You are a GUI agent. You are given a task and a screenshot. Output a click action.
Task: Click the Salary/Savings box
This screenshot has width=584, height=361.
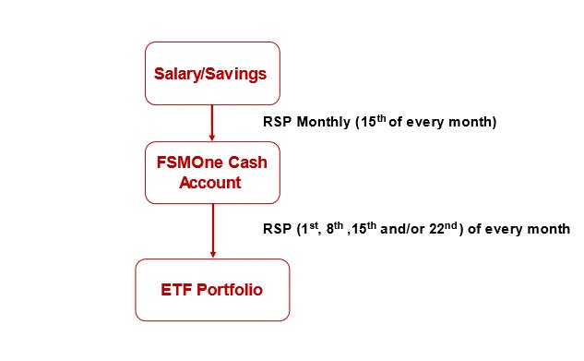coord(212,73)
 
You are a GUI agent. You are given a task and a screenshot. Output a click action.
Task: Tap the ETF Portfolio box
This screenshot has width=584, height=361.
coord(212,290)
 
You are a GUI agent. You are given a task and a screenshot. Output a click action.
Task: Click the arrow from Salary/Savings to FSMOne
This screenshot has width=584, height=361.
coord(212,123)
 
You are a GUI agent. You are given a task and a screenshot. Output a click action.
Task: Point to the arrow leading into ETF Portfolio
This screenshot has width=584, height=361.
coord(212,231)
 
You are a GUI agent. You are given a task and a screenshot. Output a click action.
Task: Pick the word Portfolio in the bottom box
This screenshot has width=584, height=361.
coord(229,290)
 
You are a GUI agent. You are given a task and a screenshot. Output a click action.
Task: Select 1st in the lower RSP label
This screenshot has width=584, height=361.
coord(305,228)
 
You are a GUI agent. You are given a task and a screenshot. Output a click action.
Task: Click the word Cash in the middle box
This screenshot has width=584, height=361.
coord(243,163)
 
